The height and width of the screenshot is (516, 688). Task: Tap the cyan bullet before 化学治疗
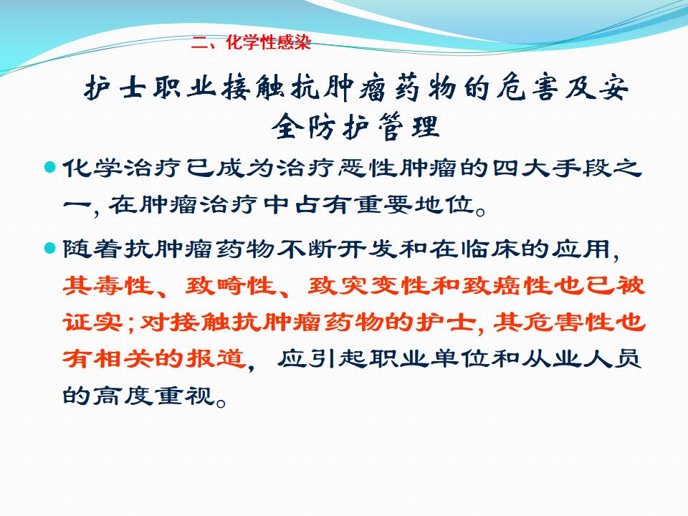pos(50,167)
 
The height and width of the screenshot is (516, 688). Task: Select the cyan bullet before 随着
pos(50,249)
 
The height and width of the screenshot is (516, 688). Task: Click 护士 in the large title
pos(115,87)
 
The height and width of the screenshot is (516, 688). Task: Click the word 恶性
pos(368,168)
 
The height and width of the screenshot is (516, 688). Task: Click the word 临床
pos(490,249)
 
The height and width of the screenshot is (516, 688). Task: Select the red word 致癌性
pos(505,286)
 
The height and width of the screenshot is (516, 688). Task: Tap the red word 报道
pos(216,359)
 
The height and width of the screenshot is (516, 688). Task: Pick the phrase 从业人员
pos(582,359)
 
